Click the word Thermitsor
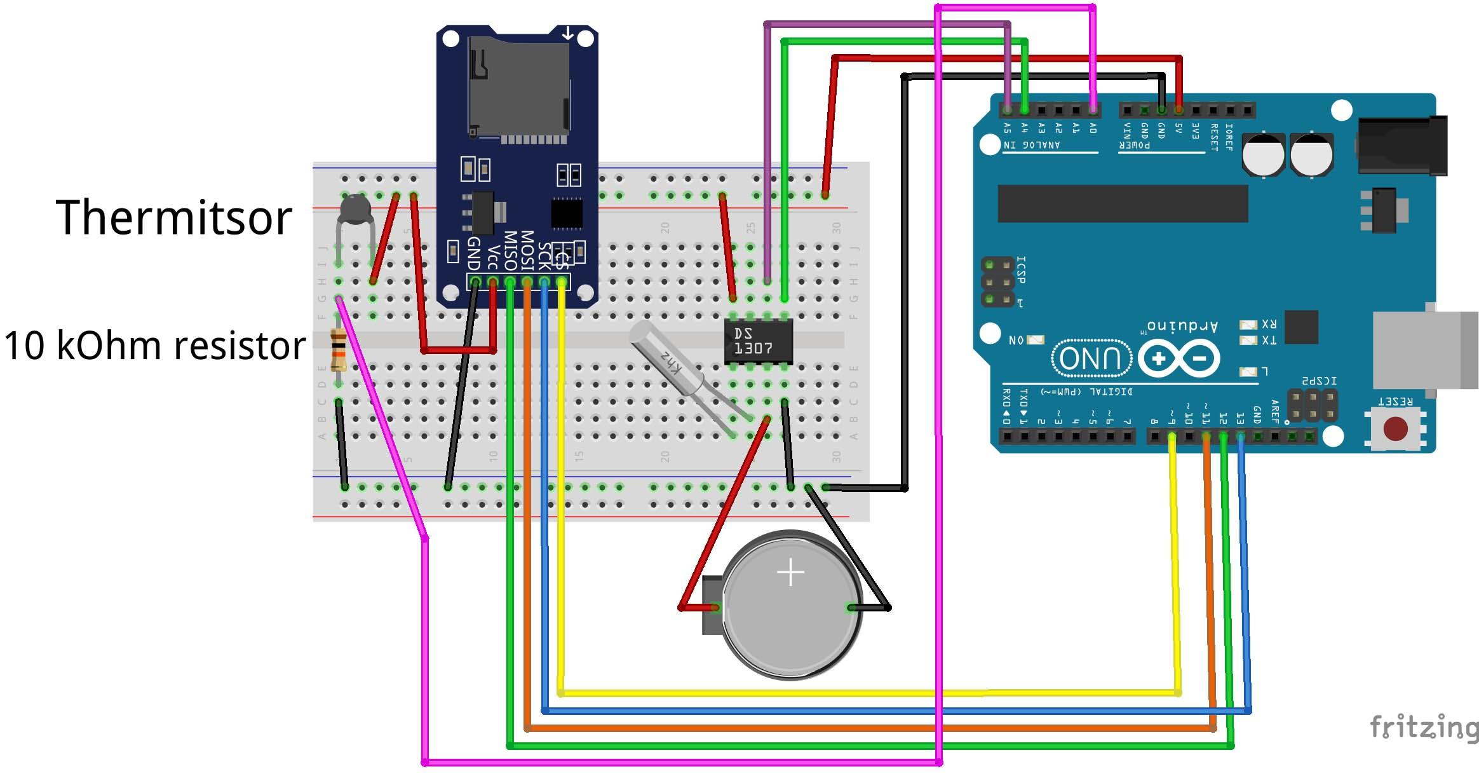point(173,218)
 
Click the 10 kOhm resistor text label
point(154,346)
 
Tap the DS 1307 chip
point(758,341)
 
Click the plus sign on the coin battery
point(790,573)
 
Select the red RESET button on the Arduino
point(1395,429)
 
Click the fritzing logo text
point(1423,726)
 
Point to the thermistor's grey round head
point(353,208)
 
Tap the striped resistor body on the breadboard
point(339,350)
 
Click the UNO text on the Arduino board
point(1091,358)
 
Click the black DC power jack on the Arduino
point(1401,146)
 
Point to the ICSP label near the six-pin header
point(1021,269)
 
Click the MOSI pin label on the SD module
point(527,251)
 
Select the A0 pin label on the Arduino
point(1093,128)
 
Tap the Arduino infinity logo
point(1178,358)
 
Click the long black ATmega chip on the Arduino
point(1123,203)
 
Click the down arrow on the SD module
point(567,33)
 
